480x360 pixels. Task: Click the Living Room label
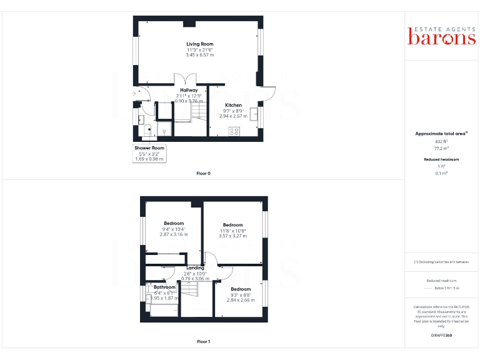click(200, 44)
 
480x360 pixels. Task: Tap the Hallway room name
click(189, 90)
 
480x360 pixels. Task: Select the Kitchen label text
click(233, 105)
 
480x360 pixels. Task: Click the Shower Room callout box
click(149, 154)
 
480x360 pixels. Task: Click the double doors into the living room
click(189, 79)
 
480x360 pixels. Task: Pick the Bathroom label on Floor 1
click(164, 287)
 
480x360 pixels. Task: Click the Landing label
click(195, 268)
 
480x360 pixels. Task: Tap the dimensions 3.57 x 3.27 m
click(232, 236)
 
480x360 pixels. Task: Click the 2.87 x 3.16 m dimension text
click(173, 234)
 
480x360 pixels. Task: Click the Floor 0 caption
click(203, 173)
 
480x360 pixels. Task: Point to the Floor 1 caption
click(203, 342)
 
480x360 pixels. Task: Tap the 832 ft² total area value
click(442, 142)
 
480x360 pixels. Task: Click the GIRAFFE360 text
click(441, 336)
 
